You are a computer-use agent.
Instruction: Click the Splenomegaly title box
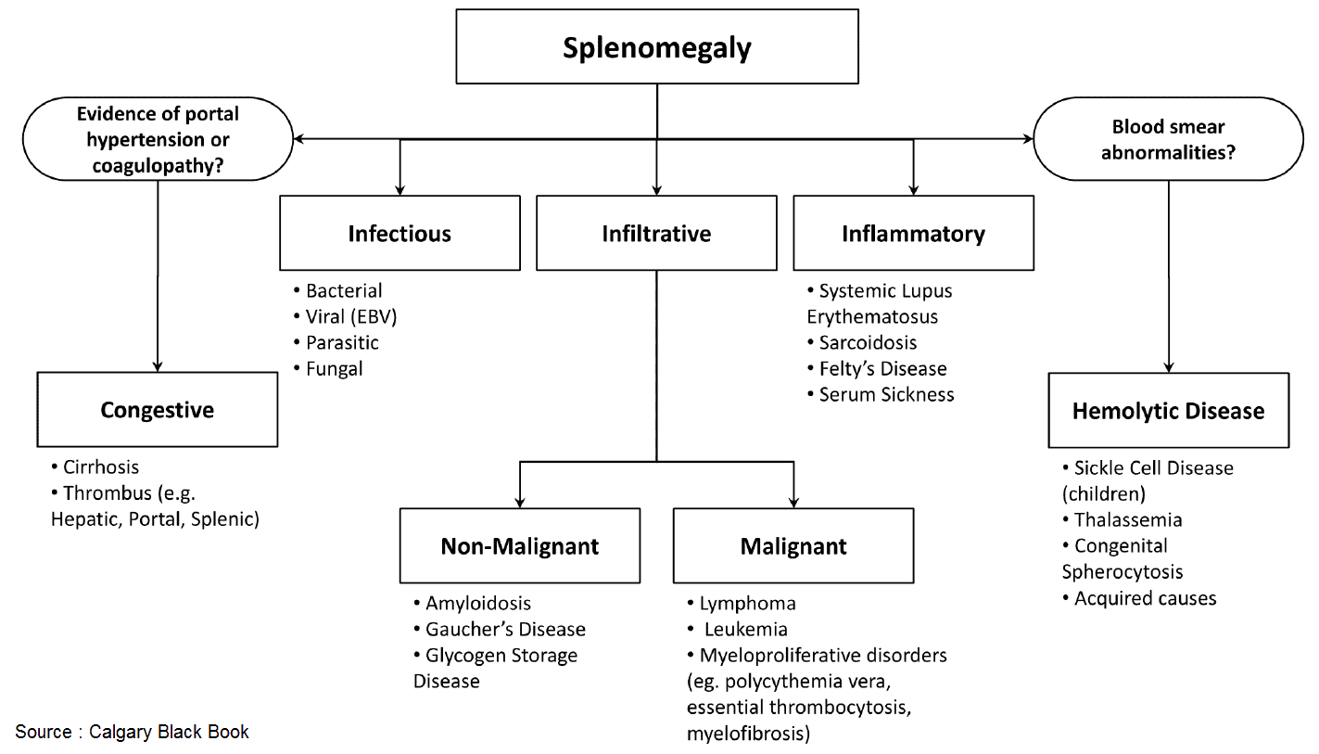click(657, 46)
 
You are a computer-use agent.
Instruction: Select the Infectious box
click(400, 234)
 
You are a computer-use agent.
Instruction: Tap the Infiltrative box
click(656, 234)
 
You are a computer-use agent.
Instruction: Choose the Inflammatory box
click(913, 234)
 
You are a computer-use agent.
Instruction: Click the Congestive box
click(158, 409)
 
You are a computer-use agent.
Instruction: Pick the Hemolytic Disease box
click(1169, 411)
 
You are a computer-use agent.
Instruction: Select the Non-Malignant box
click(520, 546)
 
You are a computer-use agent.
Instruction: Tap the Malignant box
click(793, 546)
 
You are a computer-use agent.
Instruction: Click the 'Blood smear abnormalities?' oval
click(1168, 139)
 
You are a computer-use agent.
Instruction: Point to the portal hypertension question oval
click(158, 139)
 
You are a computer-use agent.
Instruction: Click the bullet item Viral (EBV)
click(345, 317)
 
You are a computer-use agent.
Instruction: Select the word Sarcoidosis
click(868, 343)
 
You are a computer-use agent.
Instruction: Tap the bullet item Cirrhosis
click(95, 467)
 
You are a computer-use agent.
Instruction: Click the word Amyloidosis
click(478, 604)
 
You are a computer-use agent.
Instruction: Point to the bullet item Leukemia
click(737, 630)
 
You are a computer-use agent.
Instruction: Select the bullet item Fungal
click(328, 369)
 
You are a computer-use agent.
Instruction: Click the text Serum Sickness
click(887, 395)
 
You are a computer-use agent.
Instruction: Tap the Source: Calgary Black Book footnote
click(132, 732)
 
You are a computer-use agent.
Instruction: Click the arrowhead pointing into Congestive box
click(158, 366)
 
